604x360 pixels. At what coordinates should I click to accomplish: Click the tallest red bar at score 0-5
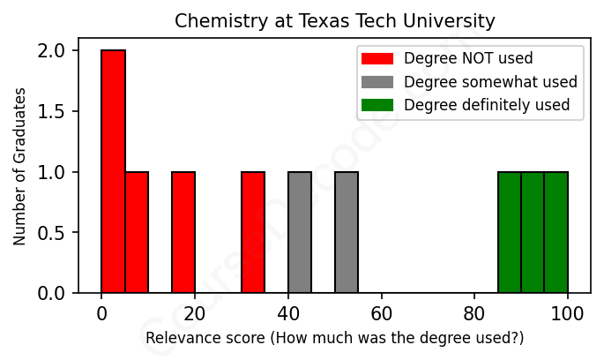click(114, 171)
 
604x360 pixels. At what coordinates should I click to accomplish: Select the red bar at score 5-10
click(137, 232)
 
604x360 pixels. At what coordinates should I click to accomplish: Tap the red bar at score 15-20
click(183, 232)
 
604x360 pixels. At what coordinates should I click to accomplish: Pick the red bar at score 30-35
click(253, 232)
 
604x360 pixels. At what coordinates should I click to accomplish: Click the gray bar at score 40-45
click(300, 232)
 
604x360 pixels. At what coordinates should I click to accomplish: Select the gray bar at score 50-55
click(347, 232)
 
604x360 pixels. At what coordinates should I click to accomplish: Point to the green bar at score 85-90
click(510, 232)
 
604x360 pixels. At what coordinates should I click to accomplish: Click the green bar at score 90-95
click(533, 232)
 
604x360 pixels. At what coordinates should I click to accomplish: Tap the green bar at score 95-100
click(556, 232)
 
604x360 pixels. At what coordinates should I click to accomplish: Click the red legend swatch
click(377, 59)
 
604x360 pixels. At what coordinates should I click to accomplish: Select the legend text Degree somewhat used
click(490, 82)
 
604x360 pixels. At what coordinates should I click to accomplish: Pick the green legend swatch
click(377, 105)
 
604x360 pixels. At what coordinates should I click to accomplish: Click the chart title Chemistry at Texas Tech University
click(334, 20)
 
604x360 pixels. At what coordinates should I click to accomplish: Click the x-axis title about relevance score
click(334, 338)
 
